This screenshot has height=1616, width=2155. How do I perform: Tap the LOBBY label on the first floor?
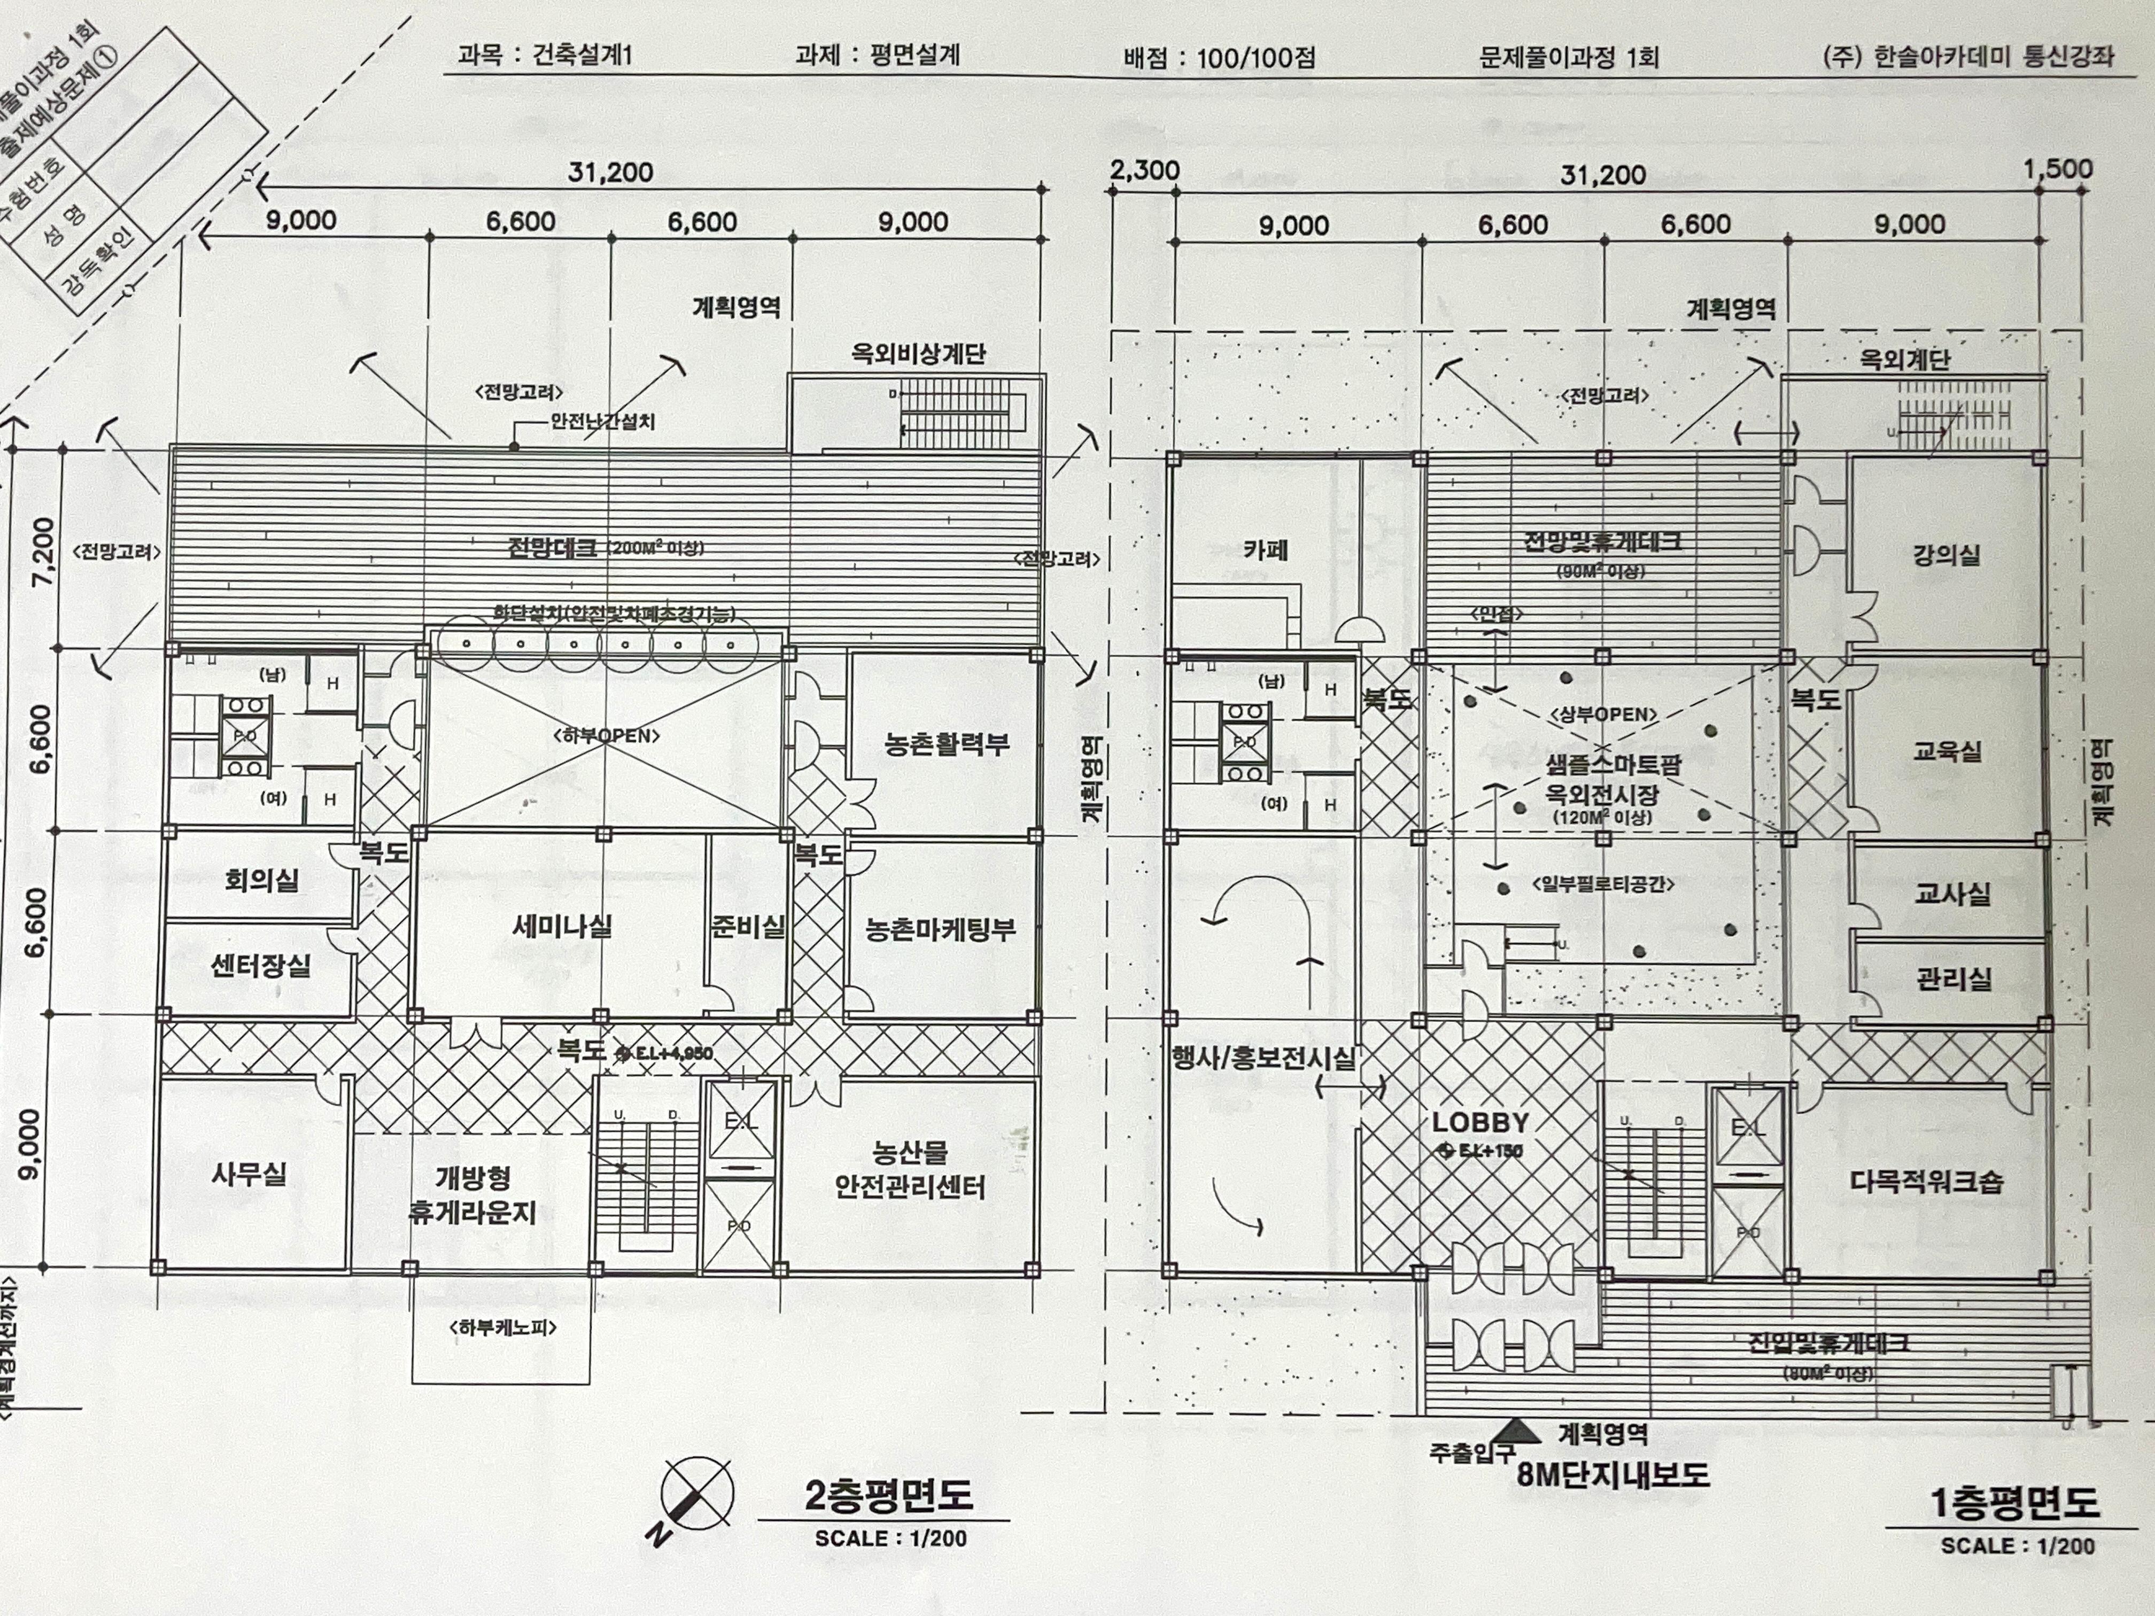coord(1480,1123)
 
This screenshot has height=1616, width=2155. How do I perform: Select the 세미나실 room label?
coord(562,926)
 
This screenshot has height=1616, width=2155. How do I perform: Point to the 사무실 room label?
coord(250,1174)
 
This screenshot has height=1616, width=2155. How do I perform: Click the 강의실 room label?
coord(1945,556)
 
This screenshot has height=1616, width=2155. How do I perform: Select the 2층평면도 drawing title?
coord(888,1495)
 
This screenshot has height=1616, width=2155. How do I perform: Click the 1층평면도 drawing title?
coord(2014,1503)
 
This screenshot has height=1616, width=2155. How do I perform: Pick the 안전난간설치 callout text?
coord(602,422)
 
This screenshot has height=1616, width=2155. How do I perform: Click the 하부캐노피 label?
coord(503,1327)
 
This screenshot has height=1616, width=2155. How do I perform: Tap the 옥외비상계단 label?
coord(918,354)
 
